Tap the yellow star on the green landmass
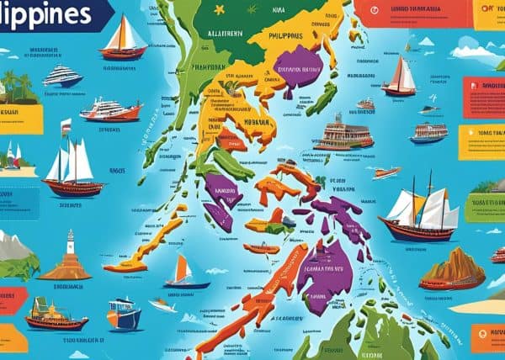219,10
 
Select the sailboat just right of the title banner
123,38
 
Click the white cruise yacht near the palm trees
62,77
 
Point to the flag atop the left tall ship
66,127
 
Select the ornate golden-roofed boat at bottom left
56,315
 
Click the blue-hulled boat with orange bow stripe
124,315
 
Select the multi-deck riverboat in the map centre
343,135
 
